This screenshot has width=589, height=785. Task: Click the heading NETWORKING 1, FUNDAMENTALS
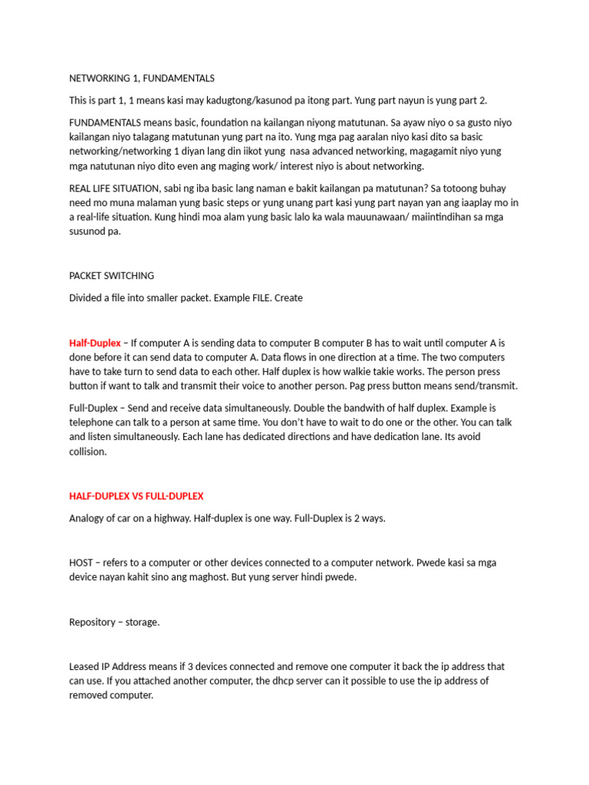(142, 78)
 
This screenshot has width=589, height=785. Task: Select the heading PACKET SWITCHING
(111, 275)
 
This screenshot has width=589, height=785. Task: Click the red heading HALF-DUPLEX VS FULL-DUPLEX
(137, 496)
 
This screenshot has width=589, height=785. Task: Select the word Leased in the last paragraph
(84, 666)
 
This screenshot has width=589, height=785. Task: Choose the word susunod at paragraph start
(89, 232)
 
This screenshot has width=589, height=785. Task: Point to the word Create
(287, 297)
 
